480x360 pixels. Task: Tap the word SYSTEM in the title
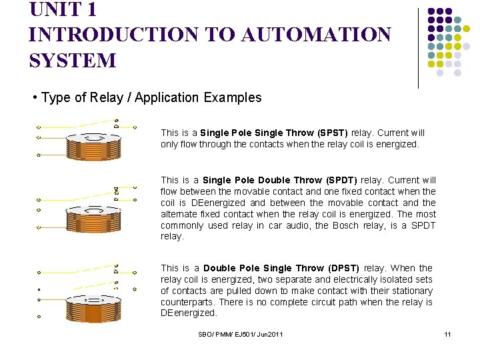click(x=72, y=60)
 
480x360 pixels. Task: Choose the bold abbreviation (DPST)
click(x=341, y=268)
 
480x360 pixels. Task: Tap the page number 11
click(x=448, y=334)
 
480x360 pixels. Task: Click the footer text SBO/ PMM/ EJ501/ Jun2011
click(x=241, y=334)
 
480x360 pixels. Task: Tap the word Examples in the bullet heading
click(x=233, y=98)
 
